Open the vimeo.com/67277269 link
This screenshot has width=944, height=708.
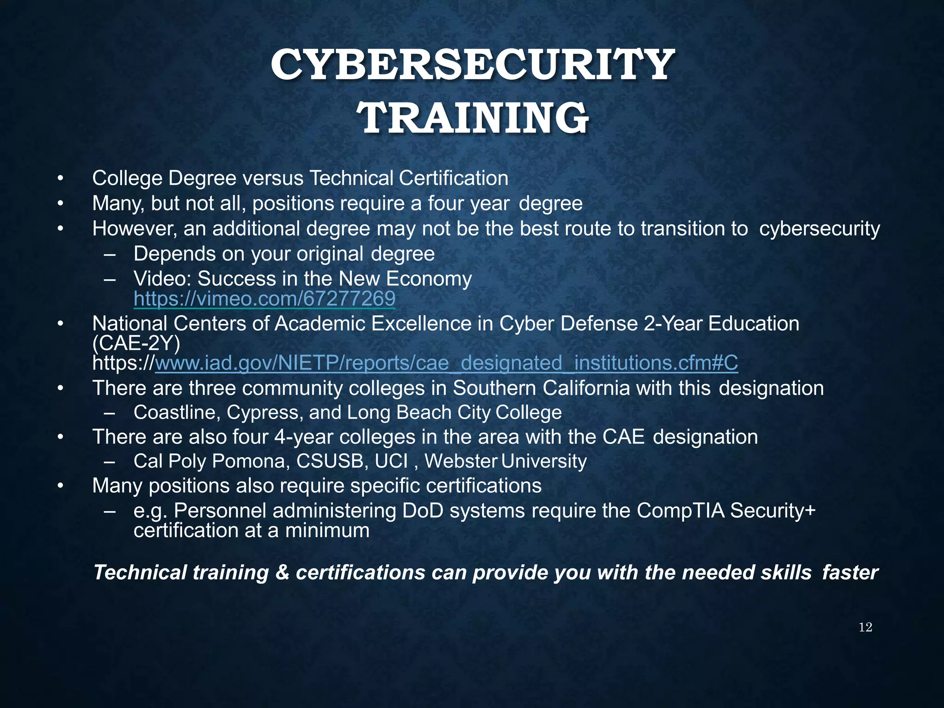point(264,299)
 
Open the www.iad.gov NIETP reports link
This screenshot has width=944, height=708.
point(446,363)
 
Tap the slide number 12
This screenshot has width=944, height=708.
point(865,627)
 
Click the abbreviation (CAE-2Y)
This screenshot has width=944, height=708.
point(136,344)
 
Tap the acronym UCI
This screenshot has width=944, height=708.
point(391,461)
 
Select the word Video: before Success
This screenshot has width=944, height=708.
point(162,279)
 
